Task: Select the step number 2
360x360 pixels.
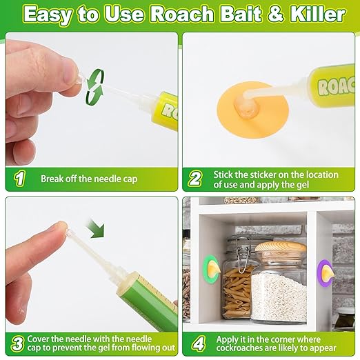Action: coord(195,179)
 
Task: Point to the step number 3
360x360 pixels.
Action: coord(19,343)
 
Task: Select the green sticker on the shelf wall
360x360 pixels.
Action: coord(211,269)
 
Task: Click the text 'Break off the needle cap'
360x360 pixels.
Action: coord(89,179)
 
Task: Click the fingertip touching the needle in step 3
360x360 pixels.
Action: coord(61,228)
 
